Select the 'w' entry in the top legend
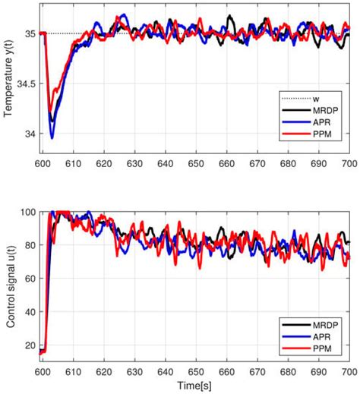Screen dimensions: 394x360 coord(317,99)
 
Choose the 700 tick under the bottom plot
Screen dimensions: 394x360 coord(349,373)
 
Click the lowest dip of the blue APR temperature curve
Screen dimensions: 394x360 coord(52,138)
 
